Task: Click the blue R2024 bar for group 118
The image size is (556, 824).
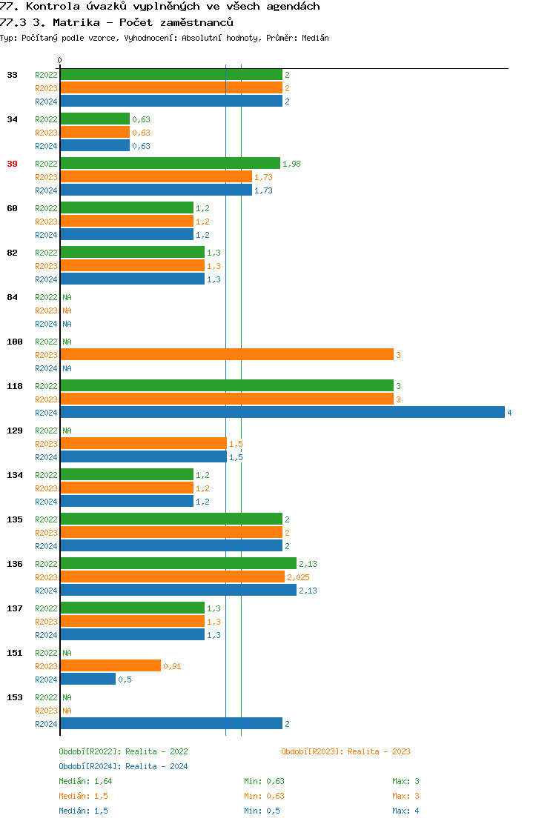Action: [x=282, y=413]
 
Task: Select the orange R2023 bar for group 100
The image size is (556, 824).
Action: [x=226, y=355]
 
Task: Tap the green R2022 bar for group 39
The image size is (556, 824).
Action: [x=170, y=164]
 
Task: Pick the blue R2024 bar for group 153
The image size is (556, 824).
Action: [x=171, y=724]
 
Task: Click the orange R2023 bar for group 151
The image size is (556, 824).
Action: [x=110, y=666]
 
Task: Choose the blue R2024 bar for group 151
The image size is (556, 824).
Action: [x=87, y=680]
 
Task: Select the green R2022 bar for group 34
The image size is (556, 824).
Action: [x=95, y=119]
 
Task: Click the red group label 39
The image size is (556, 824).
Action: [x=12, y=164]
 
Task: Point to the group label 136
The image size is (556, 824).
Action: [x=15, y=564]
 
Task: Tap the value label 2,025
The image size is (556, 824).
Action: [x=298, y=577]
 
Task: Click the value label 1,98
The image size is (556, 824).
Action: [x=291, y=164]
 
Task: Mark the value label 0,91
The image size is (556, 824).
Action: [x=172, y=666]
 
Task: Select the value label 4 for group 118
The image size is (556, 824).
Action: [x=509, y=413]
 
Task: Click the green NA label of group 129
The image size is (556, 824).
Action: [x=67, y=431]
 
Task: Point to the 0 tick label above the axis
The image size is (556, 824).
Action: [x=60, y=60]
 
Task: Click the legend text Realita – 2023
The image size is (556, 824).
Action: [x=379, y=751]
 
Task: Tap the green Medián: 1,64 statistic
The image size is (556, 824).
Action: [x=85, y=781]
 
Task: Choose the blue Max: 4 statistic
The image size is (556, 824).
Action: [x=406, y=811]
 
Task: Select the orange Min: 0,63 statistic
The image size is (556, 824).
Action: [x=264, y=796]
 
